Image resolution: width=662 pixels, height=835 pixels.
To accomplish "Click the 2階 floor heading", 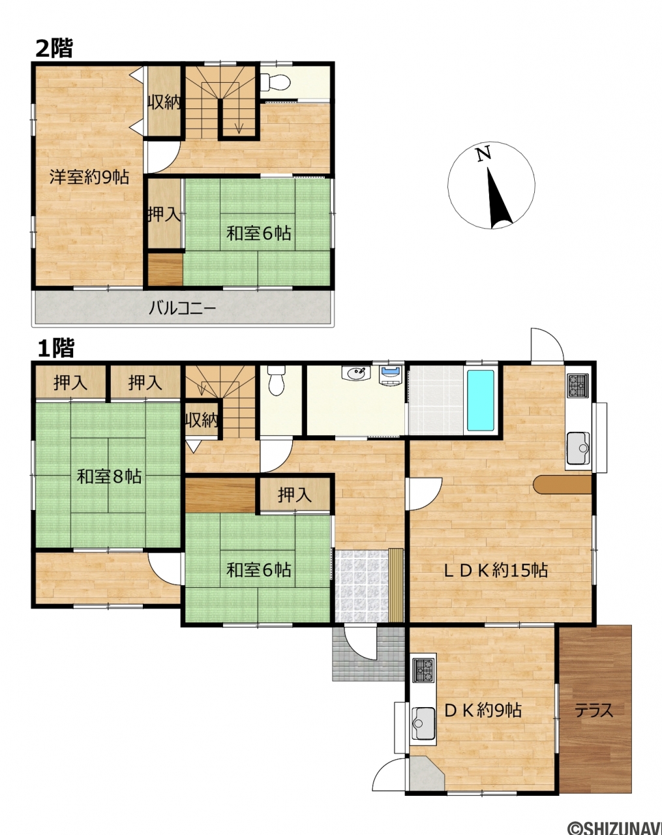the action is (x=54, y=48).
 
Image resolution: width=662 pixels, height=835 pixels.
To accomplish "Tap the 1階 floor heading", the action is (x=55, y=348).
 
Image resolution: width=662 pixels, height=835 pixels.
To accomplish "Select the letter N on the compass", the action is (x=484, y=154).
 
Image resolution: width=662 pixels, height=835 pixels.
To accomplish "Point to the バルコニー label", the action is (x=182, y=309).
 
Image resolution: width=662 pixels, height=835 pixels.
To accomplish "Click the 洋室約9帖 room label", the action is (x=89, y=177).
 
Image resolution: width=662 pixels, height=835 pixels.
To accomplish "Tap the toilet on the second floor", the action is (x=275, y=82).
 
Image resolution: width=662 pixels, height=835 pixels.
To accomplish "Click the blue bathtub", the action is (x=481, y=401).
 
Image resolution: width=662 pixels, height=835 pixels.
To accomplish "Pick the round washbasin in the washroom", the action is (x=356, y=373).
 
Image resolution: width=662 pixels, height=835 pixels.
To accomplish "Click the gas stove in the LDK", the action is (x=578, y=386).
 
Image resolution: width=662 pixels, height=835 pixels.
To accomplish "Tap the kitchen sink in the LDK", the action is (x=578, y=448).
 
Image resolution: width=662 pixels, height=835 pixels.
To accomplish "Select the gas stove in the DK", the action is (x=423, y=670).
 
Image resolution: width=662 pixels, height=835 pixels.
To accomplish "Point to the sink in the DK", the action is (x=423, y=723).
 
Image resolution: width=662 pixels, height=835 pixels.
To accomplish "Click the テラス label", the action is (x=594, y=711).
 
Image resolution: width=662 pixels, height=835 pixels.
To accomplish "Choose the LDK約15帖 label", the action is (x=496, y=570).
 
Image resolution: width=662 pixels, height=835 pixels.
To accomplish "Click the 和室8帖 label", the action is (x=109, y=476).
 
